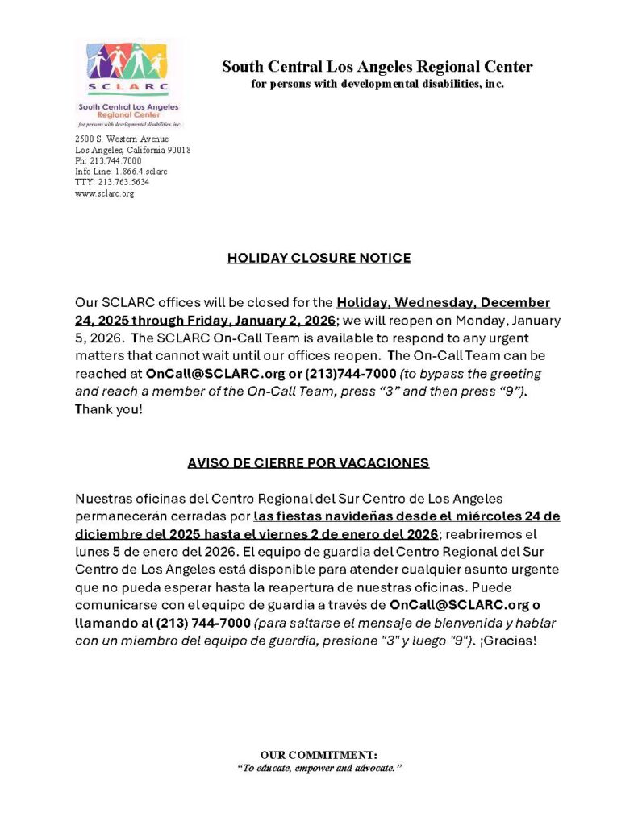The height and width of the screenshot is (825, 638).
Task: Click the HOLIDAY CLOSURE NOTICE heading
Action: (x=319, y=258)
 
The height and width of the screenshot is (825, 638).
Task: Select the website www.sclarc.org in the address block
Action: (x=104, y=193)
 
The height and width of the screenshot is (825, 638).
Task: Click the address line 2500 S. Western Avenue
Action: (x=122, y=139)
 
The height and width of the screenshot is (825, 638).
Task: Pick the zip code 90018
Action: (x=178, y=151)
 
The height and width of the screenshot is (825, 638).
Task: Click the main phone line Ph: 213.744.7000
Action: (x=108, y=161)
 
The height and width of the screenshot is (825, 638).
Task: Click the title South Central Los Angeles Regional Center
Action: (x=377, y=67)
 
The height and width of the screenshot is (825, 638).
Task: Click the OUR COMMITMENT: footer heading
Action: (x=319, y=754)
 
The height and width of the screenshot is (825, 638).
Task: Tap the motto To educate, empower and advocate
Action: (x=319, y=768)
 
